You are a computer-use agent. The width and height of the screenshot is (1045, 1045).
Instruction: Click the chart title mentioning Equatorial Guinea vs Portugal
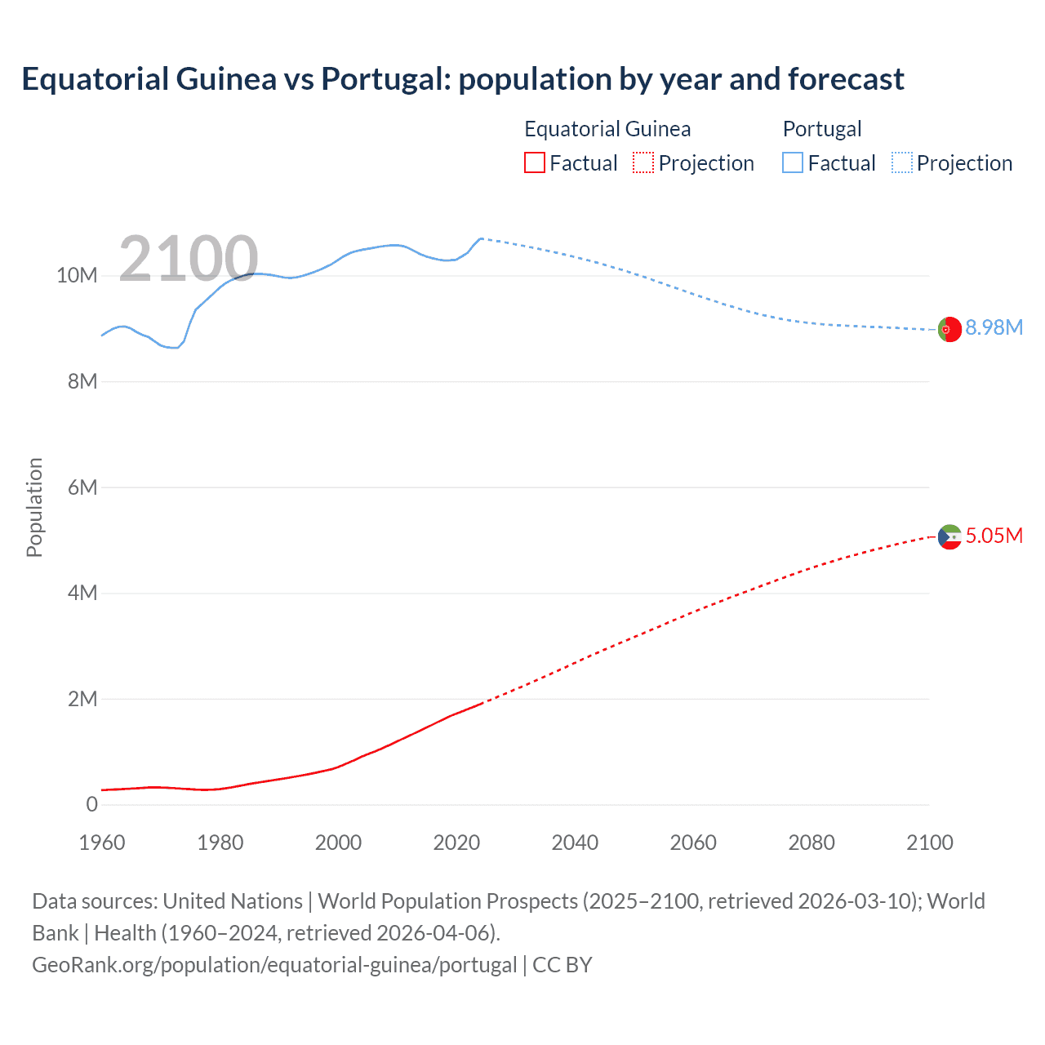pyautogui.click(x=462, y=79)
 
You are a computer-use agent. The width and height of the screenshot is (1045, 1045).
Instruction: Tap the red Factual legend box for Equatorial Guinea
pyautogui.click(x=534, y=162)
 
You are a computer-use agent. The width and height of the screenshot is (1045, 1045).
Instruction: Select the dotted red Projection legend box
pyautogui.click(x=643, y=162)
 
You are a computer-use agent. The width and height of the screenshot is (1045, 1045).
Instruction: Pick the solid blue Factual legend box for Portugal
pyautogui.click(x=792, y=162)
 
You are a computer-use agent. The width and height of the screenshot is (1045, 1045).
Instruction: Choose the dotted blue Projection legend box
pyautogui.click(x=901, y=162)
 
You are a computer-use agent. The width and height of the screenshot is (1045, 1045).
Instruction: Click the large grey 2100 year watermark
pyautogui.click(x=189, y=259)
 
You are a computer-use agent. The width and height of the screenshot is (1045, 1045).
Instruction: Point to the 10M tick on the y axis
pyautogui.click(x=77, y=276)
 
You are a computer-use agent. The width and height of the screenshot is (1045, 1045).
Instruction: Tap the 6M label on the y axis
pyautogui.click(x=82, y=487)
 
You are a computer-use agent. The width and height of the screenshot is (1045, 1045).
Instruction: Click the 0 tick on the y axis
pyautogui.click(x=91, y=804)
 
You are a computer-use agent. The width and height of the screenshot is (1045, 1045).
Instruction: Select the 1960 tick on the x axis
pyautogui.click(x=102, y=843)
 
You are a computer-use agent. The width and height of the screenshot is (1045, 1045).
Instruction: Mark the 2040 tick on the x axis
pyautogui.click(x=575, y=843)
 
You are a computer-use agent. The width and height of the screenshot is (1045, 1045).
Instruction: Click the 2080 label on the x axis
pyautogui.click(x=812, y=843)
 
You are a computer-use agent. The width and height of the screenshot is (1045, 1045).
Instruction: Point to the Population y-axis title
pyautogui.click(x=34, y=507)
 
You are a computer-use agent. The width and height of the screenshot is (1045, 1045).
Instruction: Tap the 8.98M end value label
pyautogui.click(x=994, y=327)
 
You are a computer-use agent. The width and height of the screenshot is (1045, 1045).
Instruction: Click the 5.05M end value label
pyautogui.click(x=994, y=536)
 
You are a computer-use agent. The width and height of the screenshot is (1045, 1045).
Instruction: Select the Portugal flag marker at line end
pyautogui.click(x=949, y=329)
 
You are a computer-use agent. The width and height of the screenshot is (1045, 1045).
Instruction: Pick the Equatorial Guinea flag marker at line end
pyautogui.click(x=949, y=536)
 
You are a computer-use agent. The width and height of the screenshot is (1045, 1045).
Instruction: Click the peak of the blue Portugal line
pyautogui.click(x=481, y=238)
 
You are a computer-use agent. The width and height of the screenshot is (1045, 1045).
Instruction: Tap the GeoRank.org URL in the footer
pyautogui.click(x=274, y=964)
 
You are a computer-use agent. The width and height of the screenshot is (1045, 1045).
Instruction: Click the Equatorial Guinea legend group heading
pyautogui.click(x=607, y=129)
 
